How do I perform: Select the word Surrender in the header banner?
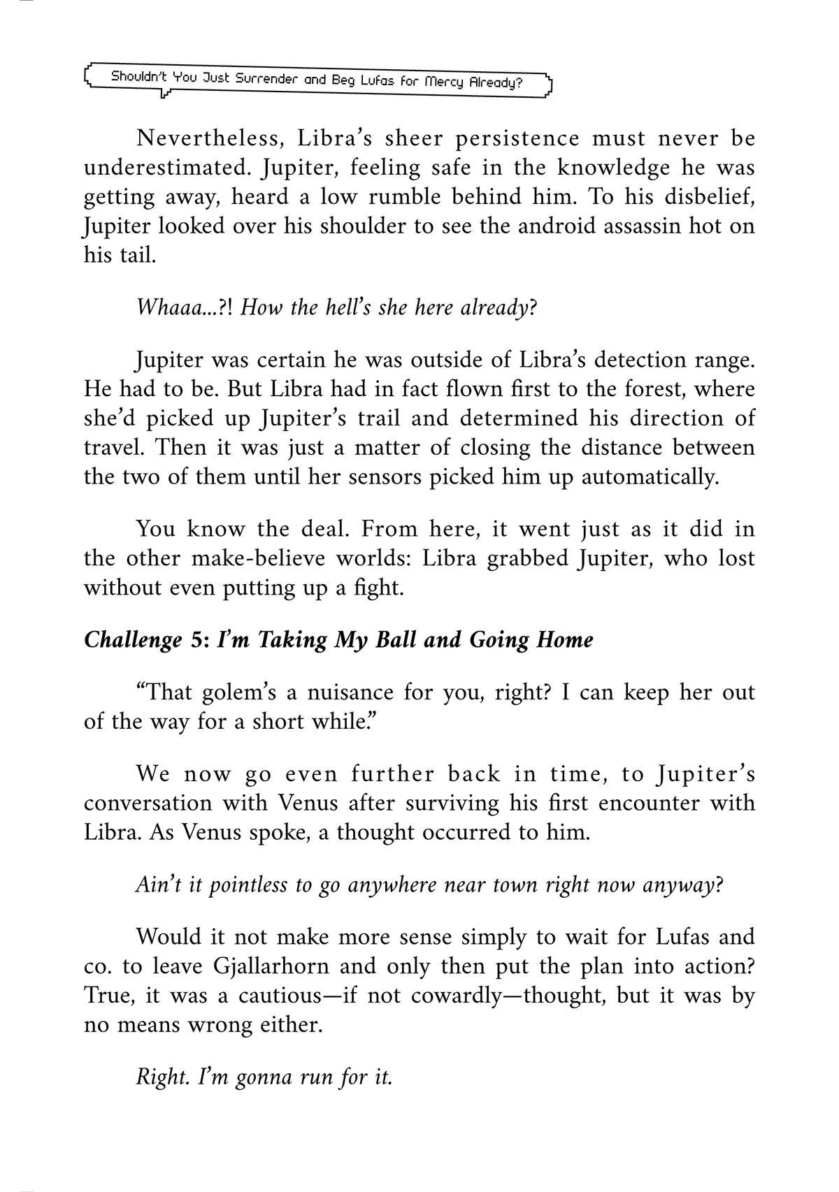[x=266, y=79]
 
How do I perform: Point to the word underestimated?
[x=159, y=168]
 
